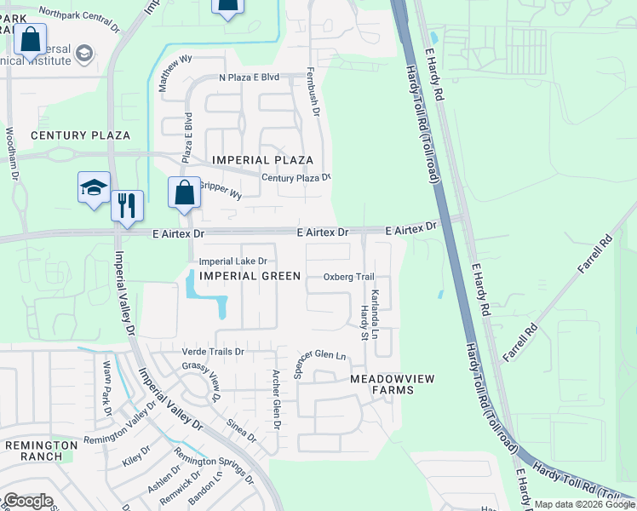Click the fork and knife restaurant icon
(x=127, y=205)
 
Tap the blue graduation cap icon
(x=94, y=188)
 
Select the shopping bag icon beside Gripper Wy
(x=185, y=192)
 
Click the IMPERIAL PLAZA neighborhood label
(x=262, y=160)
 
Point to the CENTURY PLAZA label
(x=81, y=135)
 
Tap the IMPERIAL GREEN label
(x=250, y=275)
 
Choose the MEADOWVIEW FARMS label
(x=382, y=383)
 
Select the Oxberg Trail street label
(x=349, y=277)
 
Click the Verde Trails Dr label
(x=213, y=351)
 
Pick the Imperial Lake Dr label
(x=233, y=261)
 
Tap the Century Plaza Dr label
(x=296, y=177)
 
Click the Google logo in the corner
(x=28, y=501)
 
